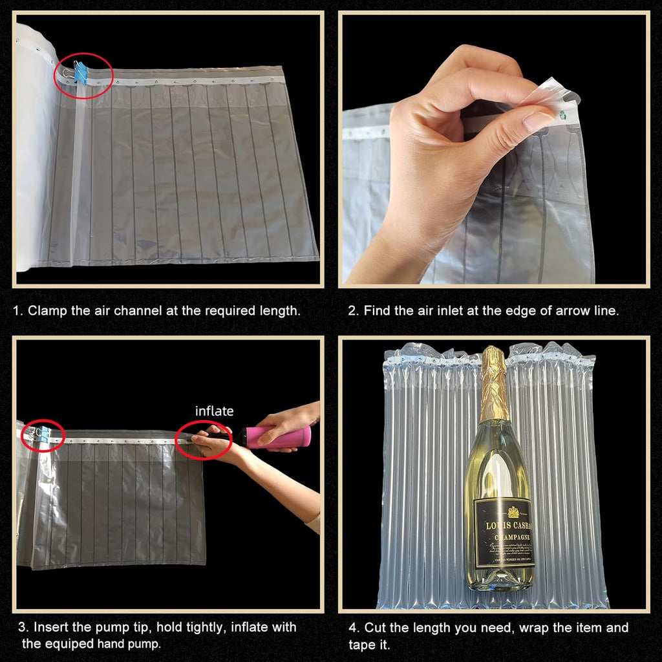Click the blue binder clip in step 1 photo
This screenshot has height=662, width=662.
(81, 72)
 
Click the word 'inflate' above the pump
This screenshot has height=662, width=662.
(214, 411)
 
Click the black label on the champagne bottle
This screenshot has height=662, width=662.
(504, 533)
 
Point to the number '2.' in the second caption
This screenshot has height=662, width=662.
(353, 310)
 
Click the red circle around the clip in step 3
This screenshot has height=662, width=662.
(43, 435)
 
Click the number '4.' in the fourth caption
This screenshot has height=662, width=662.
(354, 628)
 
